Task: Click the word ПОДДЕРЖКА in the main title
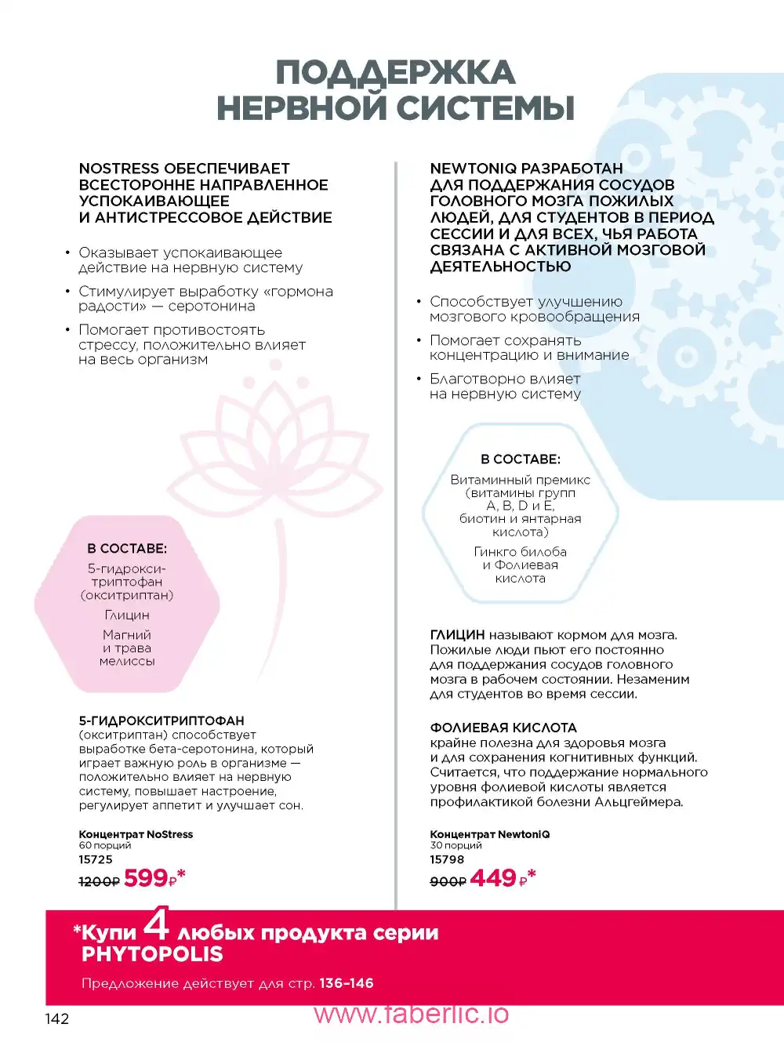point(395,73)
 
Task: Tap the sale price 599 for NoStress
point(146,878)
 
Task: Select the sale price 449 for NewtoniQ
point(493,878)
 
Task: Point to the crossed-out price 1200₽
point(99,881)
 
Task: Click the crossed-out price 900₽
point(448,881)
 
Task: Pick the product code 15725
point(96,859)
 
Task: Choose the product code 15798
point(447,859)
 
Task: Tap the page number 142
point(57,1018)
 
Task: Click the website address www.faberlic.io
point(412,1014)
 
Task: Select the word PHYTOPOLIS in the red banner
point(152,954)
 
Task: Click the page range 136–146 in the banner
point(346,983)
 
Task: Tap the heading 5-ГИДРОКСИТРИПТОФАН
point(162,721)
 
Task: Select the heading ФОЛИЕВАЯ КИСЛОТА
point(503,728)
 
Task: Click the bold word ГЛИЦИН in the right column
point(457,635)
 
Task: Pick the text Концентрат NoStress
point(136,834)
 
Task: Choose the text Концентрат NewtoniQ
point(489,834)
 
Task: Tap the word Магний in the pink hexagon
point(127,635)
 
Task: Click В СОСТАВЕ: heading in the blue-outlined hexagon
point(521,459)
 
